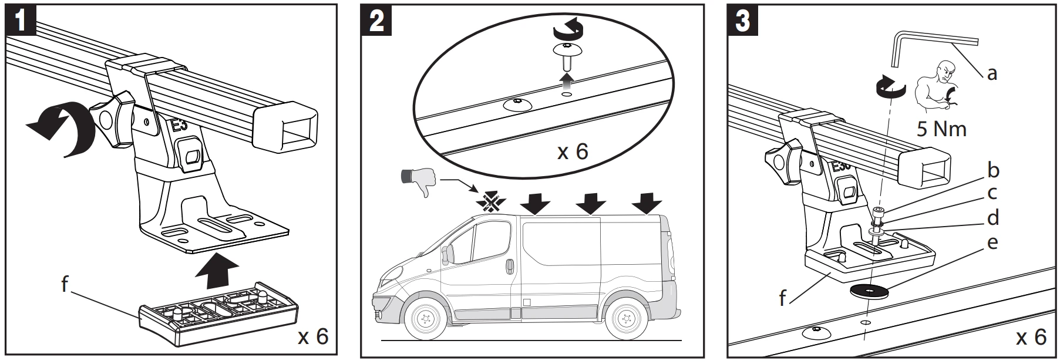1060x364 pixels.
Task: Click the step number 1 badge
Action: tap(21, 20)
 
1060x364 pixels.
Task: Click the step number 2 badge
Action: tap(376, 20)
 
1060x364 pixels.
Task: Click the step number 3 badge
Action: tap(743, 20)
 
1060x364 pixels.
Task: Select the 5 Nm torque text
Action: tap(941, 129)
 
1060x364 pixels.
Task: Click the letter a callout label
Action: tap(992, 73)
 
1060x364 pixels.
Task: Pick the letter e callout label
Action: tap(992, 242)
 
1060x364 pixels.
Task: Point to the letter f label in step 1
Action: tap(65, 285)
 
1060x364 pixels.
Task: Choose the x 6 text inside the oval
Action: tap(573, 151)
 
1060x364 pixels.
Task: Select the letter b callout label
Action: tap(993, 170)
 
